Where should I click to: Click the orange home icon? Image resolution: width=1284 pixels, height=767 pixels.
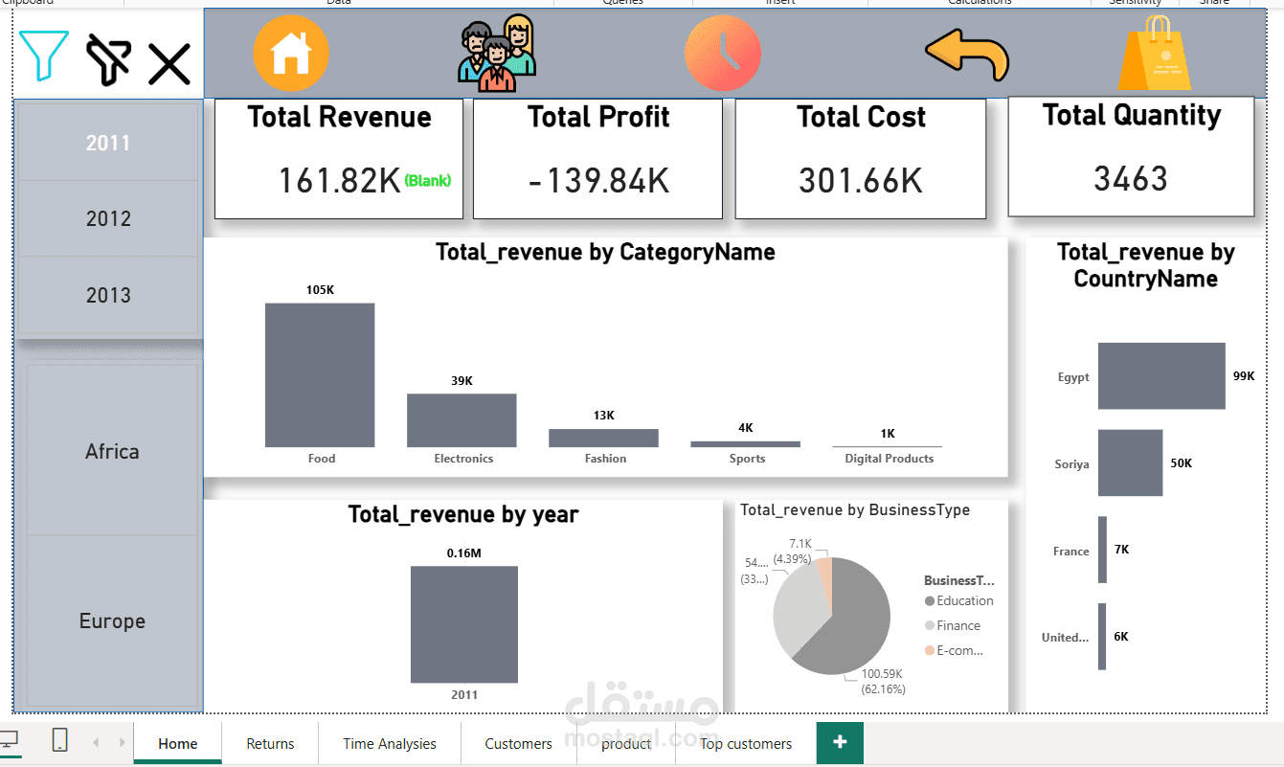tap(291, 54)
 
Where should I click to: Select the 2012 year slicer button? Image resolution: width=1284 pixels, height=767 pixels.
tap(108, 218)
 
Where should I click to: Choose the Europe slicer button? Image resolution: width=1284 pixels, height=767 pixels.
tap(112, 620)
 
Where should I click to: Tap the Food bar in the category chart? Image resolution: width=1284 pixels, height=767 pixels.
tap(320, 374)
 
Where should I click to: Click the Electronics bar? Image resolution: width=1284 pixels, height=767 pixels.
tap(462, 419)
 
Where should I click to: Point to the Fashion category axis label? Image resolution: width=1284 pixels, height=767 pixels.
tap(605, 459)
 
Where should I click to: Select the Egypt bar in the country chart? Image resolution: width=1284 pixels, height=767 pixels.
tap(1161, 375)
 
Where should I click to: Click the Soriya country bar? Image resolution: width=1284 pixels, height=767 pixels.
tap(1130, 462)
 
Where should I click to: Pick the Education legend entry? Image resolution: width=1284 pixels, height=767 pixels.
tap(964, 601)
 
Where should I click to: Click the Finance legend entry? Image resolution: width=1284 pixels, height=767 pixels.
tap(957, 626)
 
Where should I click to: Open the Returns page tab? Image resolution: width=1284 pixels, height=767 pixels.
tap(270, 743)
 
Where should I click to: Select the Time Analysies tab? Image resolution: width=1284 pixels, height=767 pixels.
tap(390, 743)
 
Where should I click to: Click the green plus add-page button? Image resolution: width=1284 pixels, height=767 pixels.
tap(840, 742)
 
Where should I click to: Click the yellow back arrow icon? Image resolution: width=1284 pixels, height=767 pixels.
tap(967, 55)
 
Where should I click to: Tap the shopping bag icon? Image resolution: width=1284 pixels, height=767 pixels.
tap(1155, 54)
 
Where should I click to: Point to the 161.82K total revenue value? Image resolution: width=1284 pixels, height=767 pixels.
tap(339, 180)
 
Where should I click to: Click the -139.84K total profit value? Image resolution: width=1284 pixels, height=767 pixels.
tap(598, 180)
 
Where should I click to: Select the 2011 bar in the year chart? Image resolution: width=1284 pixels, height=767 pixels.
tap(464, 623)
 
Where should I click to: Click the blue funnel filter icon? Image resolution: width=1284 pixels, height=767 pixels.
tap(43, 56)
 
